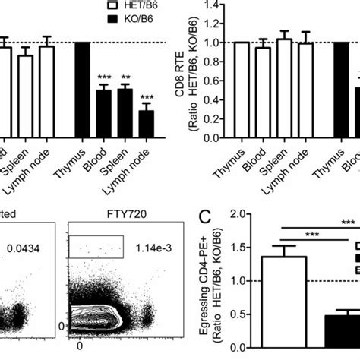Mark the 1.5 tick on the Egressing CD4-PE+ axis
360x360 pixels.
click(242, 248)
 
